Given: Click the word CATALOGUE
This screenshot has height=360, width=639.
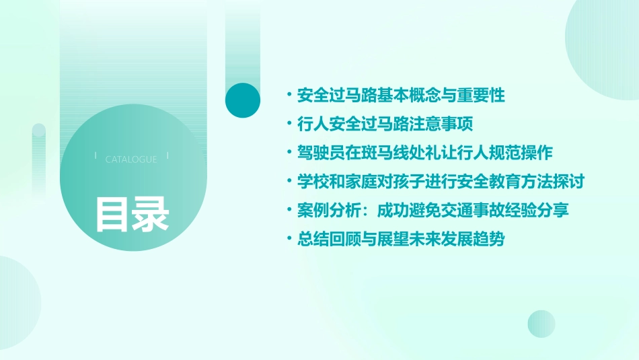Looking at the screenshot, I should tap(131, 159).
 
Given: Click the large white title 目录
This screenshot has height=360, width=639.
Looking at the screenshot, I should tap(132, 214).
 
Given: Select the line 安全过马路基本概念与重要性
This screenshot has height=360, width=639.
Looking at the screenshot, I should tap(400, 96).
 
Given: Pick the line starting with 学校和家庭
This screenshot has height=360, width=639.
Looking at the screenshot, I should tap(440, 182).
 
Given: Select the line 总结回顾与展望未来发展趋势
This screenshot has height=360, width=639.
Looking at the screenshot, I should tap(400, 240).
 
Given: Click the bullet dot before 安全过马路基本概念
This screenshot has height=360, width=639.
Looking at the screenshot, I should tap(289, 96).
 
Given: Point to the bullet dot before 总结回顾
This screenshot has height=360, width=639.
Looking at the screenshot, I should tap(289, 240).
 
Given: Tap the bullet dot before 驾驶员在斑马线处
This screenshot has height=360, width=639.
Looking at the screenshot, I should tap(289, 153).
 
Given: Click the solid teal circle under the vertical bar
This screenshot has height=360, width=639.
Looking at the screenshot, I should tap(243, 100).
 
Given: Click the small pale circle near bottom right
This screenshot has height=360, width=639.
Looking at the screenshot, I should tap(541, 324).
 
